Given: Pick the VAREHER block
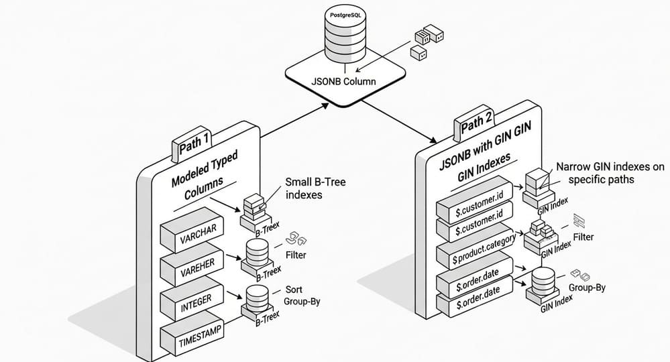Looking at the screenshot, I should (198, 266).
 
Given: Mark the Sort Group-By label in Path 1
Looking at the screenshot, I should (299, 296).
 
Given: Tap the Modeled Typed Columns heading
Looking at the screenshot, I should (205, 176).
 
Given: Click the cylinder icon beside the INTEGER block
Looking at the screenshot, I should (256, 298).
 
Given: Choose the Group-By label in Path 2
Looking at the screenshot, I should (587, 288).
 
